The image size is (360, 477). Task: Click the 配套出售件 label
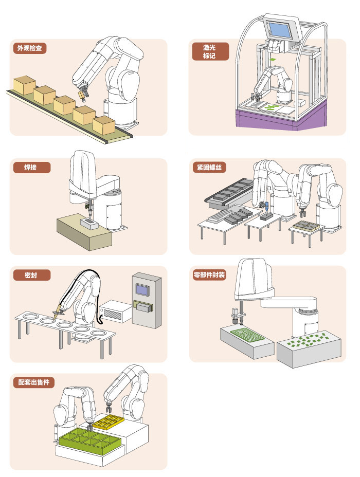[35, 382]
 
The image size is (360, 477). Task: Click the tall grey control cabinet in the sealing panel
[147, 301]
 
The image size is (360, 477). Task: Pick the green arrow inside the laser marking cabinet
[273, 60]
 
